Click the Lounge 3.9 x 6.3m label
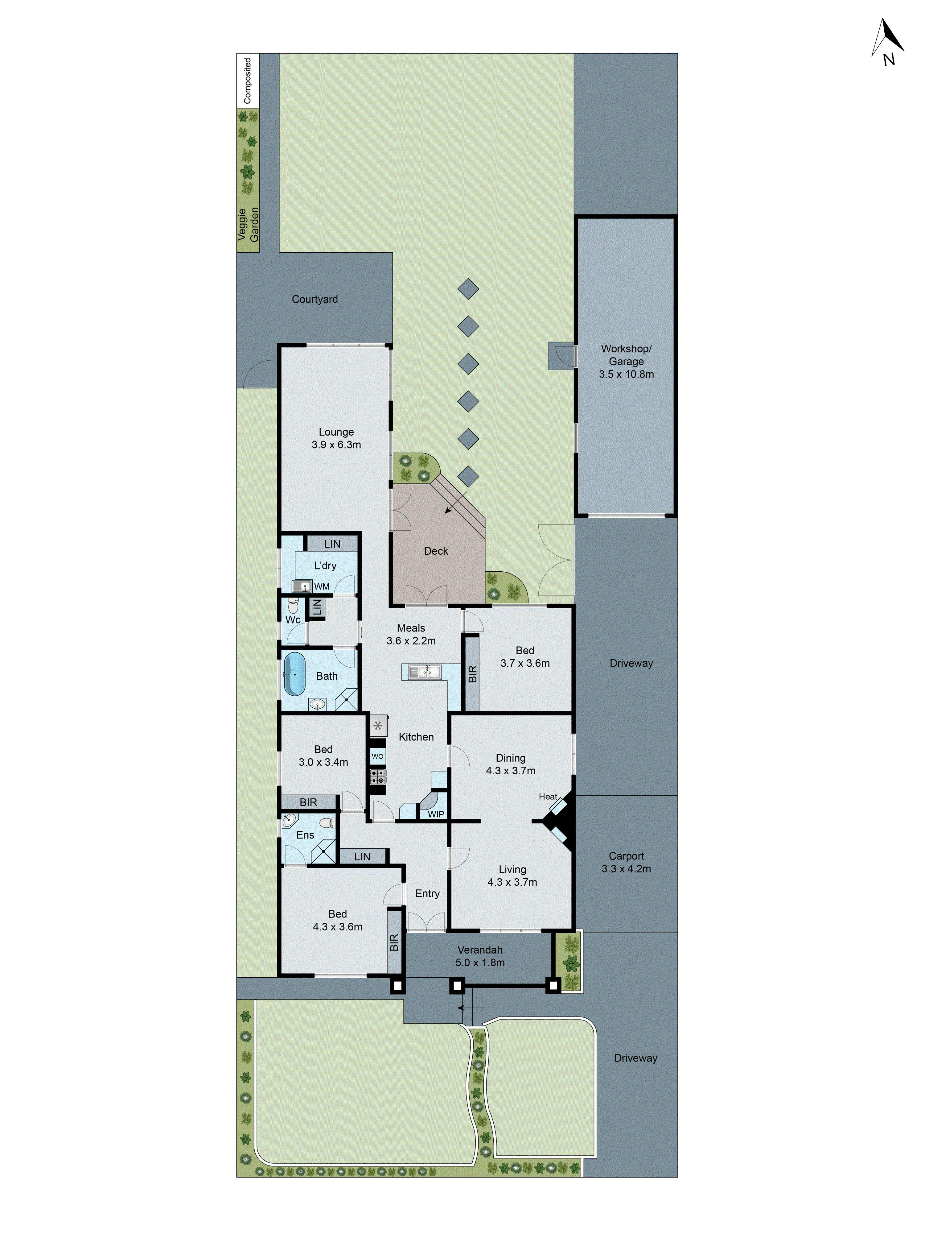[336, 438]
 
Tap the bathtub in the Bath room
[294, 674]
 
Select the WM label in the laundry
[322, 586]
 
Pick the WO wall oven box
[377, 756]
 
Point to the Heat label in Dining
[548, 797]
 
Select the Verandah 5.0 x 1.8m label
[479, 956]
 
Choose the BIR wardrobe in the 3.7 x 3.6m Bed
[472, 673]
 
